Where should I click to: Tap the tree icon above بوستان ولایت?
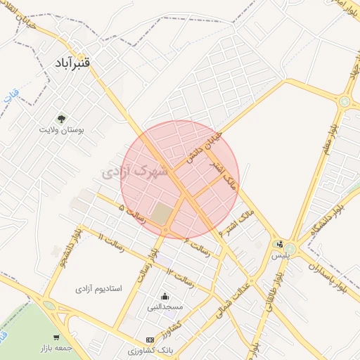click(60, 117)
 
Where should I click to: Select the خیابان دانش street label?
click(204, 146)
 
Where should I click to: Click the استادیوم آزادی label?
click(99, 288)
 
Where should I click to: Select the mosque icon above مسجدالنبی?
click(165, 296)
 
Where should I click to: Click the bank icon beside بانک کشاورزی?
click(149, 339)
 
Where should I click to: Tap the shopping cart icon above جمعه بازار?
click(57, 338)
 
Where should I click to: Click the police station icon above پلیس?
click(281, 245)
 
